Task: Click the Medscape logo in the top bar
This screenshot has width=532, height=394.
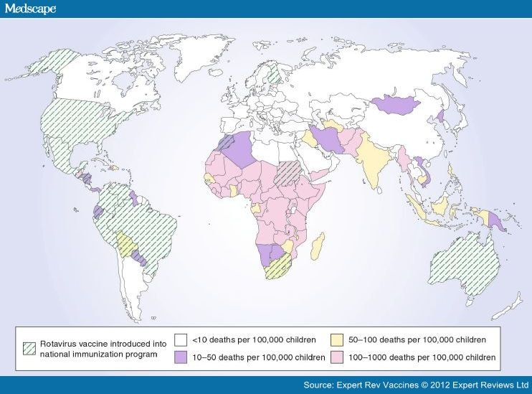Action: click(x=30, y=9)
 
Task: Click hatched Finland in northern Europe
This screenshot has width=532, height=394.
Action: click(x=274, y=72)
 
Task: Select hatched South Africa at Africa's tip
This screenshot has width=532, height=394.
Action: click(x=276, y=270)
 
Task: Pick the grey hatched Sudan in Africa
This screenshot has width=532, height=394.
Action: click(x=290, y=172)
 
